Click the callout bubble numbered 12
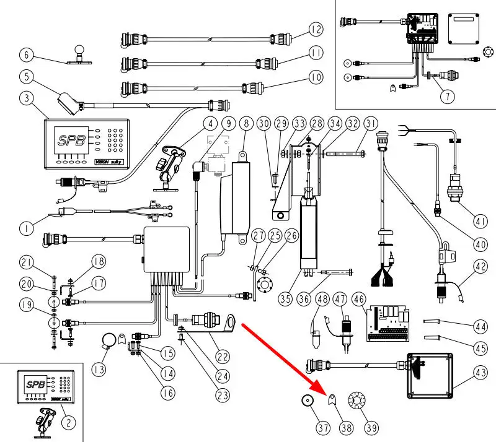point(316,29)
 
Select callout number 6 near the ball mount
point(26,55)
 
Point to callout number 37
point(306,427)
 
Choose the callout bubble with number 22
point(223,357)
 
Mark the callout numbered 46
point(358,298)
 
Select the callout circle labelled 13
point(98,370)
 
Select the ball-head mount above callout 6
point(79,51)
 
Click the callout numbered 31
point(371,123)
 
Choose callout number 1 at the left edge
point(26,228)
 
